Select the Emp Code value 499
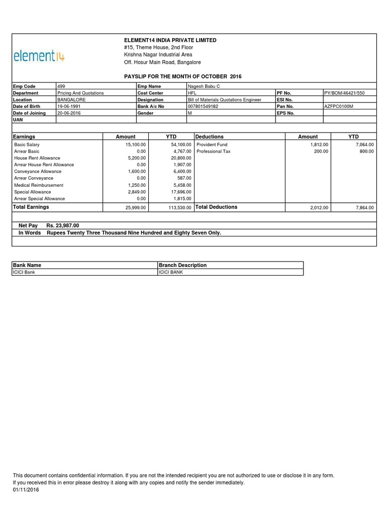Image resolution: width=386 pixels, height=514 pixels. point(61,86)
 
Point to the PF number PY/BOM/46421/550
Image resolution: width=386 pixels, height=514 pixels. point(344,93)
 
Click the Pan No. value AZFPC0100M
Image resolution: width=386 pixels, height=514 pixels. point(339,106)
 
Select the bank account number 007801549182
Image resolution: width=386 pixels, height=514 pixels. point(204,106)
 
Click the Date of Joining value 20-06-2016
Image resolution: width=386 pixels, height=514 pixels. point(70,113)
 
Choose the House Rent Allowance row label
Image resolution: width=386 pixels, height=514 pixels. point(37,158)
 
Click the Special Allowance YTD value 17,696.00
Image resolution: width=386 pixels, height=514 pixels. point(180,192)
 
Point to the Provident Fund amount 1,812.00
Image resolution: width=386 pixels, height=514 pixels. point(319,145)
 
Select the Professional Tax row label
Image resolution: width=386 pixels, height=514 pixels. point(213,151)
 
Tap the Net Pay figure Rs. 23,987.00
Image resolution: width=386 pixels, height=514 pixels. point(63,226)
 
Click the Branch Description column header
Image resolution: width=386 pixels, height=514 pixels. point(182,265)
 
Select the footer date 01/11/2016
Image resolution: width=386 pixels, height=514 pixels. point(26,490)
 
